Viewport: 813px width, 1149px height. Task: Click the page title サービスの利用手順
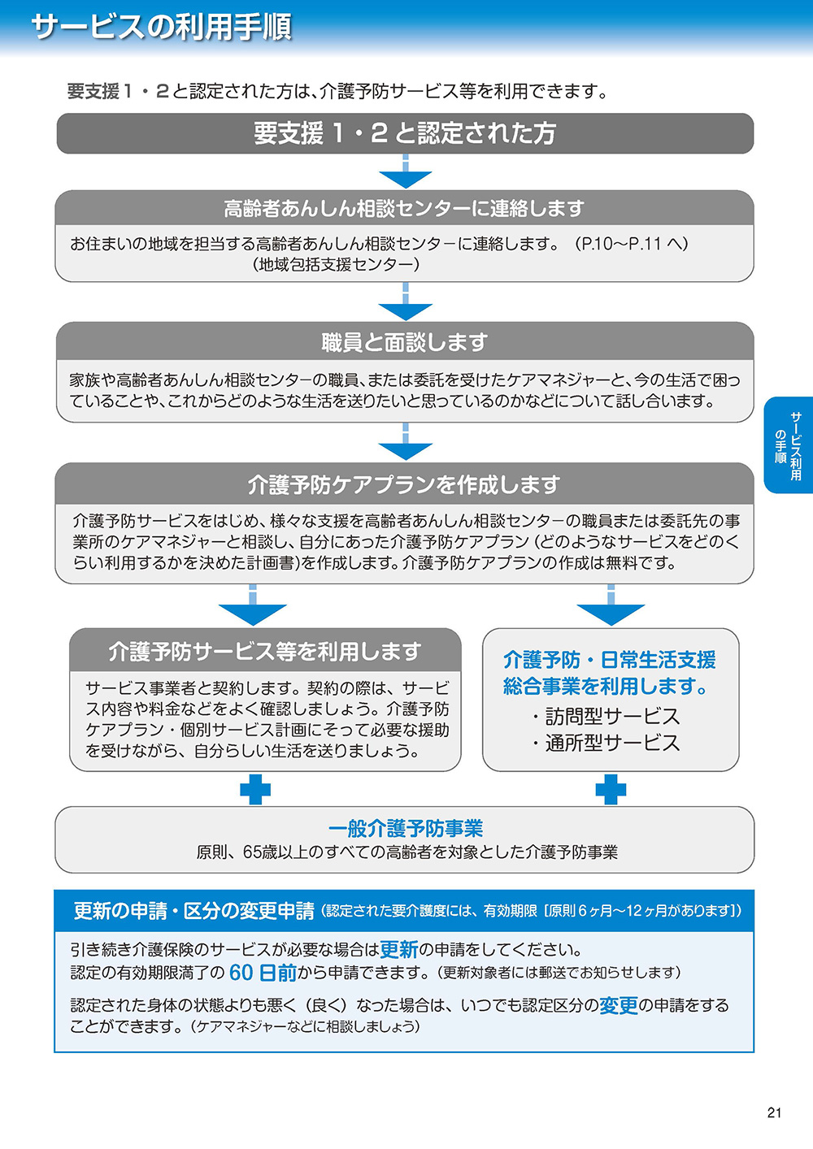click(161, 27)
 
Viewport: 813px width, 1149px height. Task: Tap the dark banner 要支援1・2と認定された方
click(405, 133)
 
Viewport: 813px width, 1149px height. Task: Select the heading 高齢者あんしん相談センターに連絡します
click(404, 209)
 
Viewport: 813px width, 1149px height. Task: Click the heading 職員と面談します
click(404, 342)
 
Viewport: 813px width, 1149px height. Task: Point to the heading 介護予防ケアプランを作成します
click(404, 485)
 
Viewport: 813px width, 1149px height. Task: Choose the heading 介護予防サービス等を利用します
click(265, 652)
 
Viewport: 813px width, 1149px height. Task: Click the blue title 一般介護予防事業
click(405, 828)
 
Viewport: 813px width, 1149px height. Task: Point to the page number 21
click(774, 1112)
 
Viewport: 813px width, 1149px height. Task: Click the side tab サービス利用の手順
click(788, 445)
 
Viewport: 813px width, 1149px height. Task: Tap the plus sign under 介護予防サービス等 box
click(254, 789)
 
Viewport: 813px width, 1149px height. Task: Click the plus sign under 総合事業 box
click(611, 789)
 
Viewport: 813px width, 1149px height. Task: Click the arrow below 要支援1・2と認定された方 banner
click(405, 176)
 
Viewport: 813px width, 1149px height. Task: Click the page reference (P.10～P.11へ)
click(631, 243)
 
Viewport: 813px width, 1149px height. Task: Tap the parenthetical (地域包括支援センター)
click(335, 264)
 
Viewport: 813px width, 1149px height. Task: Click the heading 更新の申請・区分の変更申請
click(193, 911)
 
